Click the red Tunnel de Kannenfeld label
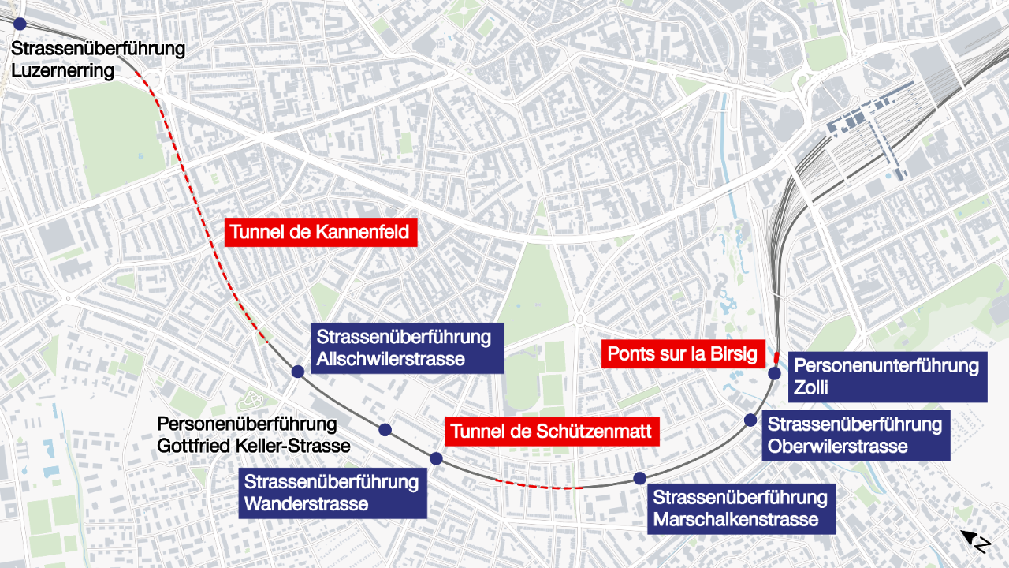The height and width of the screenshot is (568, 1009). click(321, 232)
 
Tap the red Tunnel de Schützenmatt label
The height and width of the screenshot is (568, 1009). click(551, 432)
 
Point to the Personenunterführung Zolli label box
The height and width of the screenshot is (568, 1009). click(887, 376)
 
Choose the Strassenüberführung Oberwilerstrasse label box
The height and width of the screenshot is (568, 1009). click(855, 435)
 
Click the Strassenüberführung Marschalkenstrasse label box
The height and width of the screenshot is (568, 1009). click(740, 509)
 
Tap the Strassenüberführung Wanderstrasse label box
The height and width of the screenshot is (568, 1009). click(332, 492)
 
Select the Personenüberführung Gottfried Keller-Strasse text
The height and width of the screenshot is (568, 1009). click(253, 435)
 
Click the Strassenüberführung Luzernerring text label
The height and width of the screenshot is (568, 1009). click(98, 60)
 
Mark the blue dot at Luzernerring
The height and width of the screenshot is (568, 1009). click(19, 24)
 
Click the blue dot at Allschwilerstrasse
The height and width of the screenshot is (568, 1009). click(297, 372)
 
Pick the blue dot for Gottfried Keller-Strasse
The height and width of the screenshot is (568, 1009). click(385, 430)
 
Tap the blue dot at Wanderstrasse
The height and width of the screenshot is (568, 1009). click(436, 458)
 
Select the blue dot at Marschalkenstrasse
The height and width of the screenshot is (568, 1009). click(639, 477)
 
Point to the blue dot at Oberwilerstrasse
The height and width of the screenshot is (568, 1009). click(750, 420)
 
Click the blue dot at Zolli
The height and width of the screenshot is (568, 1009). click(774, 373)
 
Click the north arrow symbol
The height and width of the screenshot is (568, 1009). click(975, 541)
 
